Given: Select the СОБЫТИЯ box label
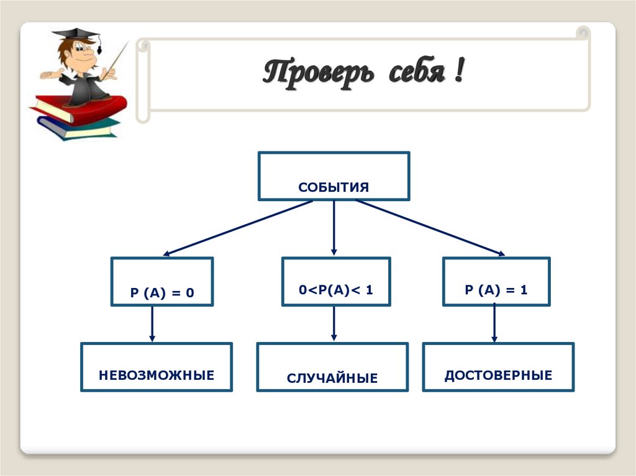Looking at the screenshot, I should point(334,187).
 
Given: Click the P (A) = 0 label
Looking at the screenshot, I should point(162,292).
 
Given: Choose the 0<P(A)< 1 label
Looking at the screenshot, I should point(335,290).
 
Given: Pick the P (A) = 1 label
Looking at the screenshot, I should point(496,290).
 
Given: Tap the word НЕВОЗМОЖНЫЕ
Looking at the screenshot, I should point(156,375).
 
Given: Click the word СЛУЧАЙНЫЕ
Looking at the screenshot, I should point(332,378).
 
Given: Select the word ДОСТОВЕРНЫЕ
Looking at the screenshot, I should point(498,375).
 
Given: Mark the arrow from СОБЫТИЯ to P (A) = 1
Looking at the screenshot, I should point(430,227).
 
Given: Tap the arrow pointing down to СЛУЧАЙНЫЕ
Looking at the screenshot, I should point(334,324).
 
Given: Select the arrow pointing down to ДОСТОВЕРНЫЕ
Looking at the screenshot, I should point(494,324).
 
